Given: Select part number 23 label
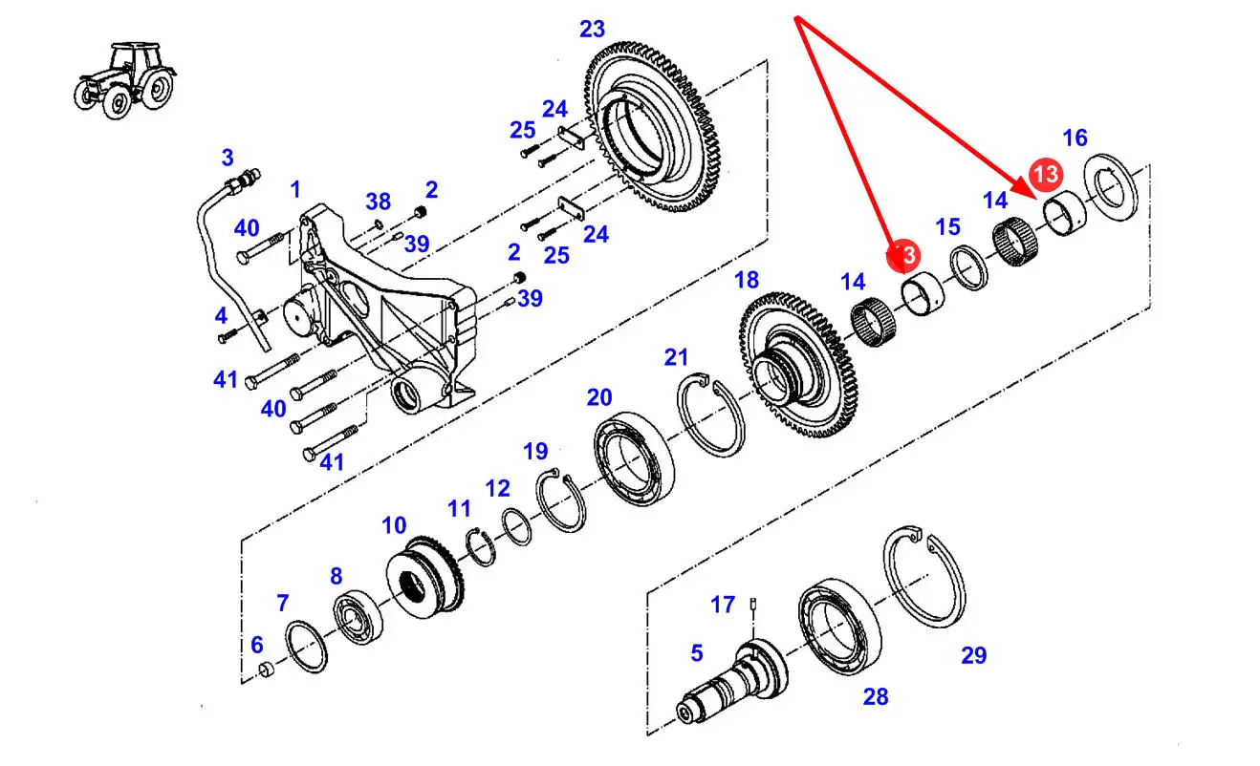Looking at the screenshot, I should click(593, 30).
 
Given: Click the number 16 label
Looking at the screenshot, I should click(1075, 138).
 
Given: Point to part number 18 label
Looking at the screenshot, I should click(747, 281).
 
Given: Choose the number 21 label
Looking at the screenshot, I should click(677, 358).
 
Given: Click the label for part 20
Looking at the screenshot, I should click(599, 397).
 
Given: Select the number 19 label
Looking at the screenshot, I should click(535, 451).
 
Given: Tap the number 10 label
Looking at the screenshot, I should click(394, 525).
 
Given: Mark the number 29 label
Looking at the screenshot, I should click(973, 655).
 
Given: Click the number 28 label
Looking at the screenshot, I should click(875, 697).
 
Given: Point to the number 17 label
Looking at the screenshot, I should click(723, 605).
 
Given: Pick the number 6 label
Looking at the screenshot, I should click(256, 646).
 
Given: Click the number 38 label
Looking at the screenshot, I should click(378, 202).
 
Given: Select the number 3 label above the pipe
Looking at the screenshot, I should click(228, 157).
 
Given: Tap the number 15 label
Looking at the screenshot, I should click(947, 227).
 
